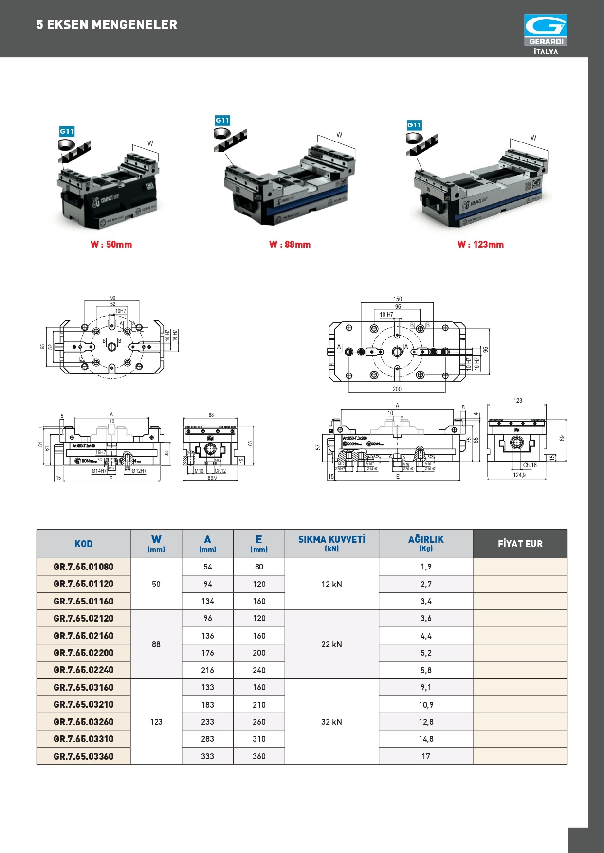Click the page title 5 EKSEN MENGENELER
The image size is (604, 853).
tap(107, 25)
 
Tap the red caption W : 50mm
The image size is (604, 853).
tap(111, 245)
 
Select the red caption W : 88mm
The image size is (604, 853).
tap(290, 245)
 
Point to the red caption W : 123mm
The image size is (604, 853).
tap(480, 245)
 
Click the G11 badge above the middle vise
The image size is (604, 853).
tap(222, 120)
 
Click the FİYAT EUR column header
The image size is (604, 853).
tap(520, 544)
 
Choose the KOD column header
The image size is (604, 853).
tap(83, 544)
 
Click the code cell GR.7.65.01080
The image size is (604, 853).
tap(83, 567)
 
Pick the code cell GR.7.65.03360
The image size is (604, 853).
tap(83, 756)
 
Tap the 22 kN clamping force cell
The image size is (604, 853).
tap(331, 644)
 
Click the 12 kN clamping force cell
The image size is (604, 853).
tap(331, 584)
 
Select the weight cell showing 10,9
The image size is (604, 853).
tap(426, 705)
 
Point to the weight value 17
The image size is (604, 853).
tap(426, 756)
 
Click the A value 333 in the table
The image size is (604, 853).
tap(207, 756)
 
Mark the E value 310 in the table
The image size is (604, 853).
tap(259, 739)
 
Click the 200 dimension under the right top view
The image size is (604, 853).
tap(397, 389)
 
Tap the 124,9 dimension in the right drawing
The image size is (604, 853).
tap(519, 475)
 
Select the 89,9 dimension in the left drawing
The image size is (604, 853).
tap(212, 478)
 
